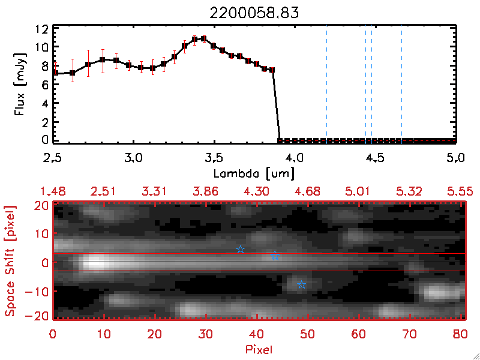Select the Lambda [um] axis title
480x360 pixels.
point(254,173)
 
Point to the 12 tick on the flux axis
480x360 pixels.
point(41,29)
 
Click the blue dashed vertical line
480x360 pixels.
point(326,84)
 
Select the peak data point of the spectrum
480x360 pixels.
point(204,39)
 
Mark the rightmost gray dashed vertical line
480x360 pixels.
point(401,84)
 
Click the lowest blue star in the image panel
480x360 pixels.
point(301,284)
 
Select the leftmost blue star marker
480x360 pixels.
point(240,249)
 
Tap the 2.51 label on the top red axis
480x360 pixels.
point(103,191)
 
